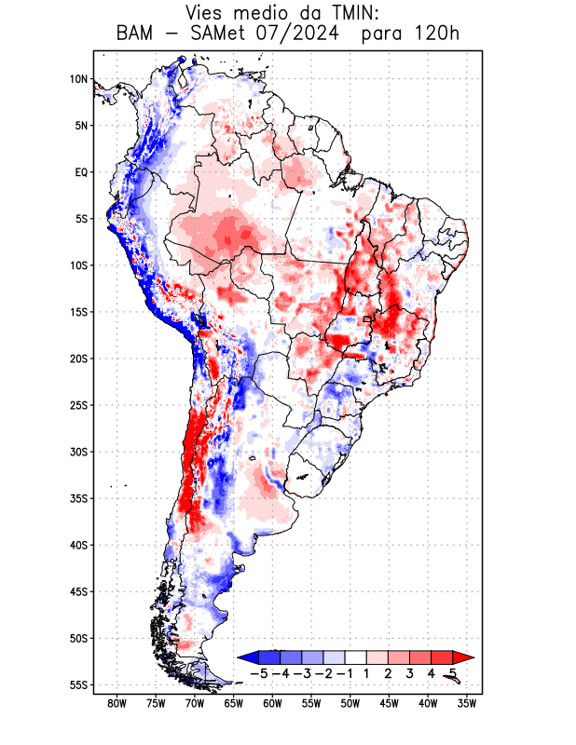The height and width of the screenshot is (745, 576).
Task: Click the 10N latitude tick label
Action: [79, 79]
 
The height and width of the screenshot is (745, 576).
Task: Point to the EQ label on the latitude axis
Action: [81, 172]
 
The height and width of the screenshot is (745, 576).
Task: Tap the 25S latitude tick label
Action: [79, 405]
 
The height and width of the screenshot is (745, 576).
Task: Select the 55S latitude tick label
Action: [79, 685]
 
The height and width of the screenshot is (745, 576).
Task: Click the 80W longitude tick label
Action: [117, 704]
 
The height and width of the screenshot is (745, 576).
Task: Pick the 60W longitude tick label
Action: [272, 704]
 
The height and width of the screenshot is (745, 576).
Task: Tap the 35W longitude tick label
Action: [467, 704]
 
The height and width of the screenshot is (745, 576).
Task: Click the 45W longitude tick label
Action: [389, 704]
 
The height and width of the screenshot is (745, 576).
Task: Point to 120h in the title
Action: [436, 35]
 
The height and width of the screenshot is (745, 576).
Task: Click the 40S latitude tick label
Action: [79, 545]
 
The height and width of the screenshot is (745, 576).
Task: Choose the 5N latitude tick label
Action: [81, 126]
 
